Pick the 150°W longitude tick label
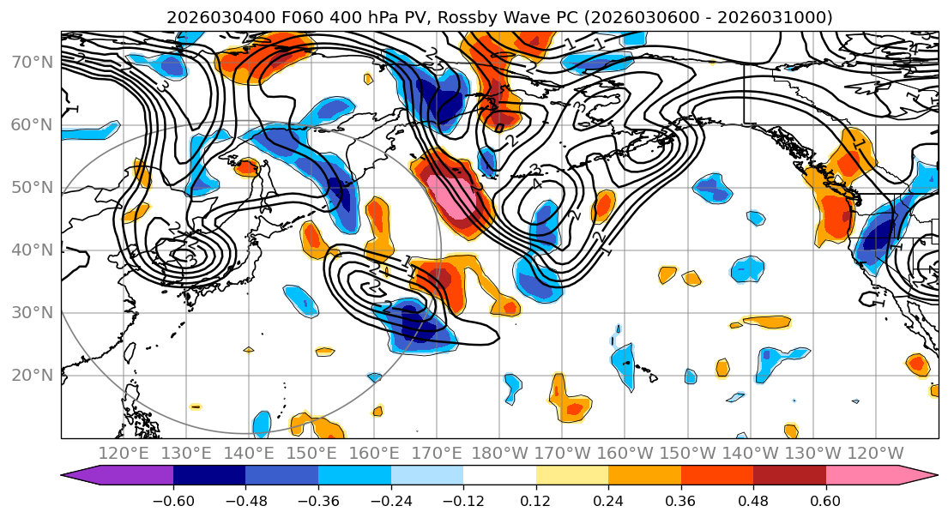point(687,453)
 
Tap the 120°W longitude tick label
point(875,453)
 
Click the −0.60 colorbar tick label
point(173,500)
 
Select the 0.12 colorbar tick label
point(535,500)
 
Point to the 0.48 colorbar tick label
point(753,500)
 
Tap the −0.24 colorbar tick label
point(390,500)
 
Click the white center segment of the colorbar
point(499,477)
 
